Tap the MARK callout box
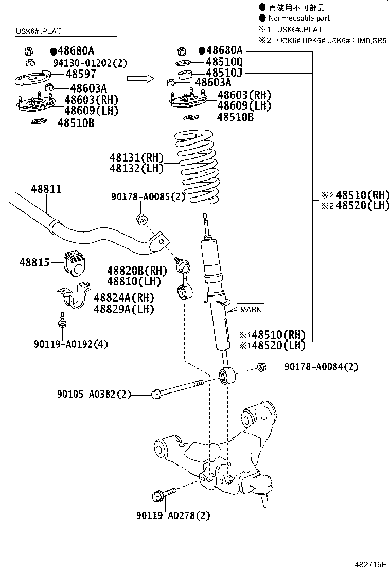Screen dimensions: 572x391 pos(250,309)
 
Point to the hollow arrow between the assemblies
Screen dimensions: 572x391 pos(140,78)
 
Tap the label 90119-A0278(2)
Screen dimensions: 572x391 pos(173,515)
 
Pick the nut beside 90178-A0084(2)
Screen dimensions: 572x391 pos(261,367)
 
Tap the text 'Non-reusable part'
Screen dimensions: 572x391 pos(299,18)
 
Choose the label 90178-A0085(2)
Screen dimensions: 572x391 pos(148,197)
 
